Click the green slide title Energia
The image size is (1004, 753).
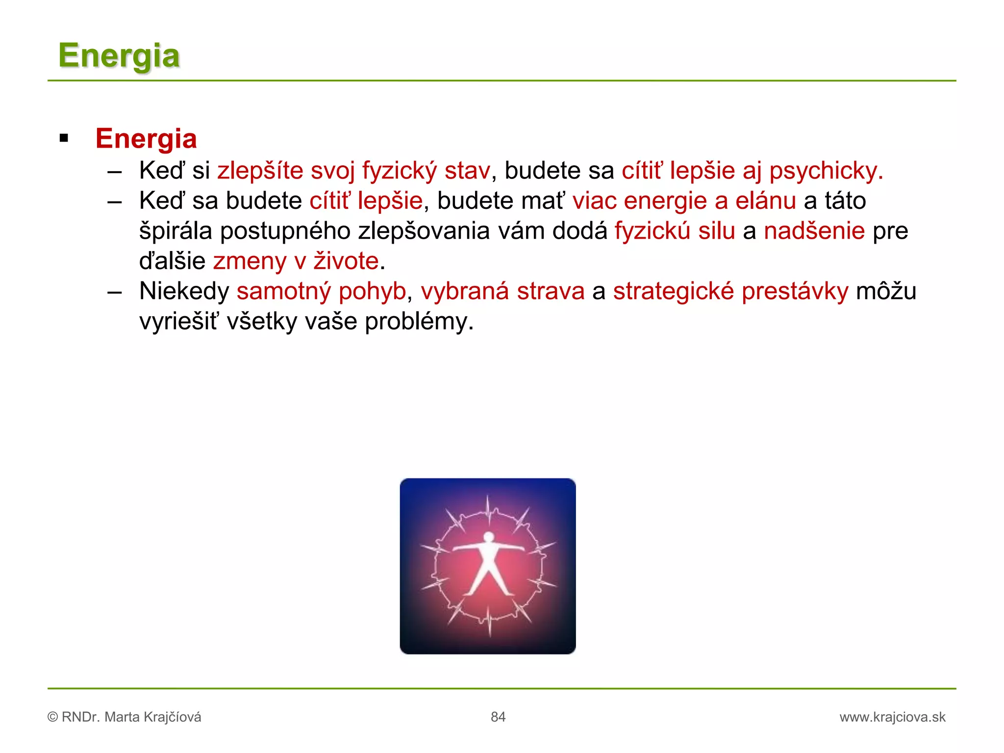coord(119,56)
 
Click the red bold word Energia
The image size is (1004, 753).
coord(146,139)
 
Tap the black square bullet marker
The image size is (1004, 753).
coord(64,138)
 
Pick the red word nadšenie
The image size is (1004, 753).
coord(814,231)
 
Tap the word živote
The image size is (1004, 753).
coord(346,261)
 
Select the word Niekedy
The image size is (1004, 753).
coord(184,292)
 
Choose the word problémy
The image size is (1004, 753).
coord(419,322)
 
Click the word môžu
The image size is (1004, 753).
coord(886,292)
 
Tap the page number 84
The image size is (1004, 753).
coord(498,717)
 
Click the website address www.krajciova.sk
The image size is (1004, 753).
coord(892,717)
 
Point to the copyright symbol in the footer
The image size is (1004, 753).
coord(52,717)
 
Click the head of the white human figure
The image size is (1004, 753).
coord(488,537)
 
